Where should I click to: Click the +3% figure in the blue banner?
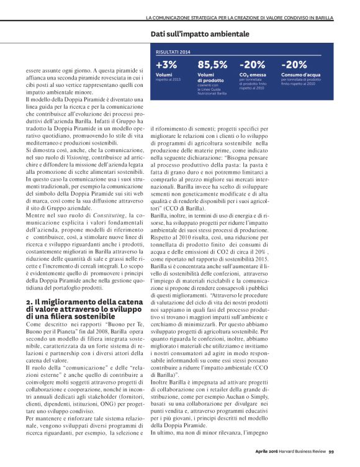pyautogui.click(x=166, y=64)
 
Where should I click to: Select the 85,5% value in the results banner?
pyautogui.click(x=212, y=64)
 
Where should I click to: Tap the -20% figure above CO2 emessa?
pyautogui.click(x=253, y=64)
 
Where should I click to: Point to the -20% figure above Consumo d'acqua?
pyautogui.click(x=294, y=64)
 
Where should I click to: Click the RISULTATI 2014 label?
pyautogui.click(x=173, y=53)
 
